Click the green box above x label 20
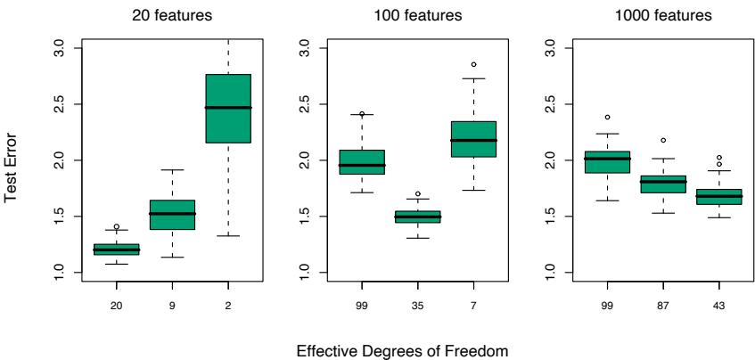pos(117,250)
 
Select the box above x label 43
pos(720,197)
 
